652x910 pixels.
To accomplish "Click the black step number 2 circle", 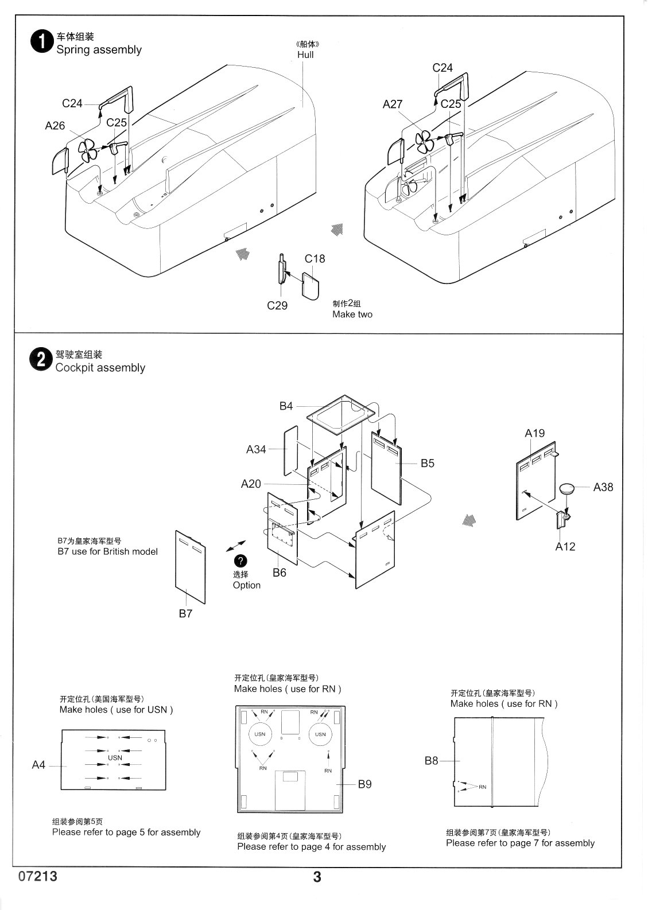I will [x=42, y=361].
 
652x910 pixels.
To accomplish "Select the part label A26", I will [x=55, y=125].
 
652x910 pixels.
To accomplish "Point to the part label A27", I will [x=393, y=104].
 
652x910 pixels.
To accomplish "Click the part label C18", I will [x=315, y=258].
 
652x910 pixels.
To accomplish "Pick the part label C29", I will [x=277, y=305].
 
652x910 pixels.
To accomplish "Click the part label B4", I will [x=286, y=406].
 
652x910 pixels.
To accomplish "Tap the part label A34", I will [x=256, y=449].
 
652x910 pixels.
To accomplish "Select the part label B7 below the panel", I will [x=185, y=613].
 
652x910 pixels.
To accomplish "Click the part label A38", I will [x=603, y=487].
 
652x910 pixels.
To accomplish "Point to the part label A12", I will [x=565, y=546].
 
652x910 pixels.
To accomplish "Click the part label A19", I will [x=534, y=433].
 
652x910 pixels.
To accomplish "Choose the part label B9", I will [x=365, y=784].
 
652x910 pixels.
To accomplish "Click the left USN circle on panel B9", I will [x=259, y=734].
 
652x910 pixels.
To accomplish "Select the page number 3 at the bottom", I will [x=317, y=877].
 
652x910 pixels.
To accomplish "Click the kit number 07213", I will [x=38, y=877].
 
